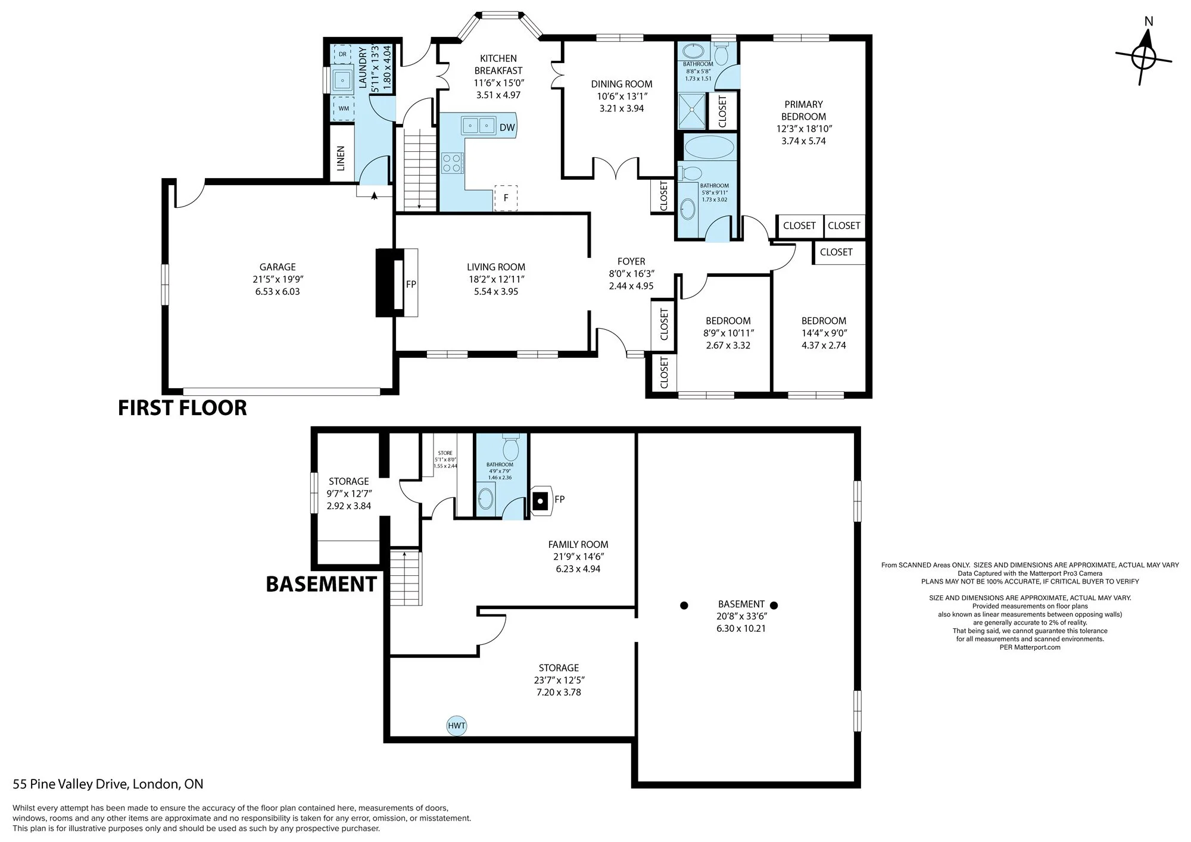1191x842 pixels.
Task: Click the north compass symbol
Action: click(1143, 58)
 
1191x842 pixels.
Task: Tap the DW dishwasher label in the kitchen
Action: click(507, 127)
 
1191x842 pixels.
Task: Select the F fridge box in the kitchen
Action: click(506, 198)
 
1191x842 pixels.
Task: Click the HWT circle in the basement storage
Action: click(457, 726)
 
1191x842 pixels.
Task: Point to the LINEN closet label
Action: click(341, 158)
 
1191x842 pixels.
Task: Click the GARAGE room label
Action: click(278, 267)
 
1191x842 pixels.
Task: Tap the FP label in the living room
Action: click(411, 284)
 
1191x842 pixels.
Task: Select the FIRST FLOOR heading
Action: click(182, 408)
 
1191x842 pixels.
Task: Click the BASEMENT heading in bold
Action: click(321, 584)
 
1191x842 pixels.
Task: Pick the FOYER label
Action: click(631, 261)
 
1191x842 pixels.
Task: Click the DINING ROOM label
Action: click(622, 84)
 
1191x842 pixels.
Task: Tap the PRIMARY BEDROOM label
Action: click(804, 110)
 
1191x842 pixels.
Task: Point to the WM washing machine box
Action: click(344, 108)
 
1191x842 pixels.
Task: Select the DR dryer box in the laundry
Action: click(342, 54)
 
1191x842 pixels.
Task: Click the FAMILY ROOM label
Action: click(578, 544)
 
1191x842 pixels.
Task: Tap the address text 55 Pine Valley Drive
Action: click(71, 784)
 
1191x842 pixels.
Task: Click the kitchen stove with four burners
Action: click(453, 163)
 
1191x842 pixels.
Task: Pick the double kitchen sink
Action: click(478, 126)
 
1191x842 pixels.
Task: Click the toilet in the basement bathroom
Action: click(511, 444)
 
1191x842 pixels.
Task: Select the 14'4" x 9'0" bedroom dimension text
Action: click(824, 333)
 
